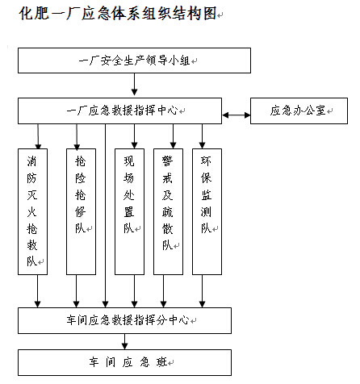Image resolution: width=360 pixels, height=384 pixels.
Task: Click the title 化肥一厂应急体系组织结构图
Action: pos(118,14)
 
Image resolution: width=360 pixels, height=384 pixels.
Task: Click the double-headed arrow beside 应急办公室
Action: pos(237,115)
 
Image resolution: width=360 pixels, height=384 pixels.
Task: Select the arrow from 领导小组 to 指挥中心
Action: pos(134,84)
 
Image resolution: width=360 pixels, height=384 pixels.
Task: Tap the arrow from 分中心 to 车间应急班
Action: pos(124,341)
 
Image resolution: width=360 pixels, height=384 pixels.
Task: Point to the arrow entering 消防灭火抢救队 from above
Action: pos(38,136)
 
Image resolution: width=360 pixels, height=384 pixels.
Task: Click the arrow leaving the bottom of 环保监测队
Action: pos(202,291)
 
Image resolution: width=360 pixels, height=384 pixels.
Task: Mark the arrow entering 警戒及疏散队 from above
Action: pos(173,136)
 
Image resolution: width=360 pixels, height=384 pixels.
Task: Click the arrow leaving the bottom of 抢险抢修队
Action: pos(77,291)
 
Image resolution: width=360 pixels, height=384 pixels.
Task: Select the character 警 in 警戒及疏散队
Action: pos(167,161)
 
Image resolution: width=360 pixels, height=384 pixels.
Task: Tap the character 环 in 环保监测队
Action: pos(206,161)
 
